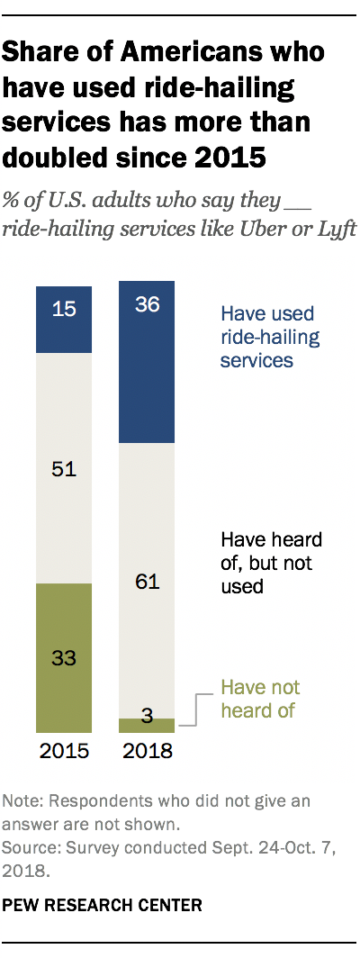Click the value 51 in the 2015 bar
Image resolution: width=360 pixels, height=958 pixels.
(x=63, y=469)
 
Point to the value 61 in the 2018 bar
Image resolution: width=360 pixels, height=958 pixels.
(x=148, y=582)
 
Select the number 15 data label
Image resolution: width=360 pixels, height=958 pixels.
(x=63, y=309)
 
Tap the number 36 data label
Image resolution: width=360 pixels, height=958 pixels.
(x=148, y=304)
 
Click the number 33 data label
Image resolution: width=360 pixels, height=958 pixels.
(x=63, y=658)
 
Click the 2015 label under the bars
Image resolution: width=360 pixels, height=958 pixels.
(x=63, y=752)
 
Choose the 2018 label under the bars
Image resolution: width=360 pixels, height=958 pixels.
(x=148, y=752)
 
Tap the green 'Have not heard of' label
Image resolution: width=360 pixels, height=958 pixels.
(x=261, y=698)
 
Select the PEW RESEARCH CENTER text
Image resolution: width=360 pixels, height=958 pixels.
(x=103, y=903)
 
